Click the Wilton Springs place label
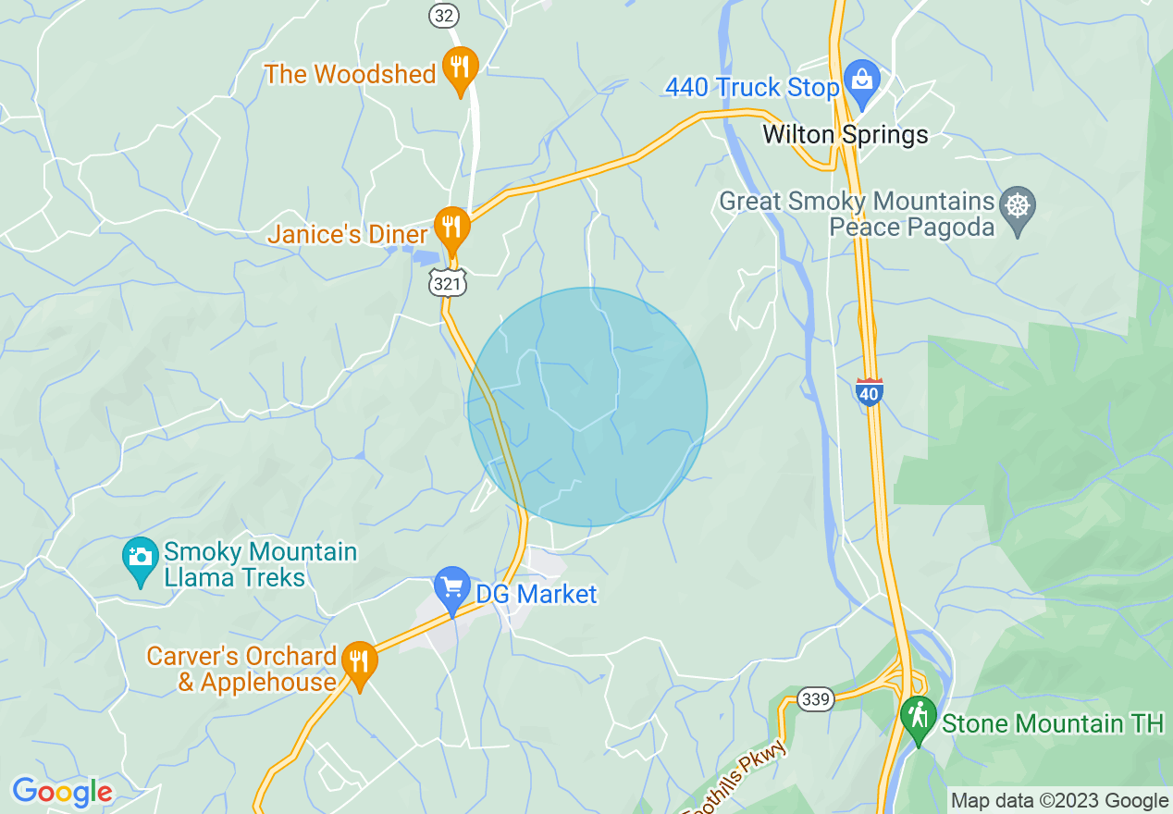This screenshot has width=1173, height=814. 845,135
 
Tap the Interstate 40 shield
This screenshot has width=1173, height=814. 869,392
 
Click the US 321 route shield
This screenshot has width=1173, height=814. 447,283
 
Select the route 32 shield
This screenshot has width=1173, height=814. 443,15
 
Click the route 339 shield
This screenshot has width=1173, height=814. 816,699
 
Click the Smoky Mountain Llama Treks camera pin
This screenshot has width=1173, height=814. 141,559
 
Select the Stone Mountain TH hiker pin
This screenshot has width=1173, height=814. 918,718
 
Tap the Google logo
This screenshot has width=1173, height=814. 62,792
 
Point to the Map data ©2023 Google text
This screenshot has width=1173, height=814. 1059,801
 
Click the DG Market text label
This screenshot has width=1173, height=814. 537,594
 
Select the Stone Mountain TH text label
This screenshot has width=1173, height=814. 1053,723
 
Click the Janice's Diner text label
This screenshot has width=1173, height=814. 348,235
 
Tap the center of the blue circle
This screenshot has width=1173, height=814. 587,407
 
